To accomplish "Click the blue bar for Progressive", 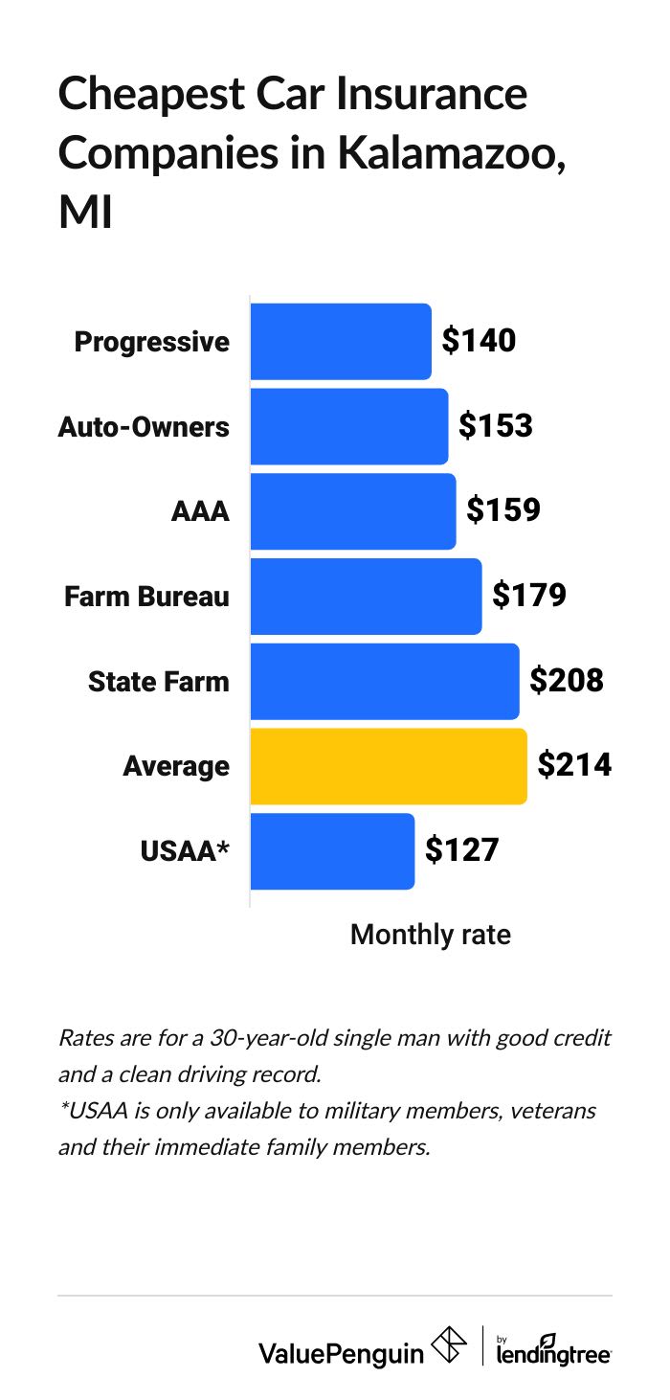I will click(341, 342).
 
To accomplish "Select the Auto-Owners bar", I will click(349, 426).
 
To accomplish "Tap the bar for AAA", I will click(353, 511).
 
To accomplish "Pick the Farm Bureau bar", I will click(366, 597).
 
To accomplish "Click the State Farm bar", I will click(385, 682).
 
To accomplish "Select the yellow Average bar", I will click(389, 766).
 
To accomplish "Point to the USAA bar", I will click(332, 851).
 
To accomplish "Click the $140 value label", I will click(479, 341).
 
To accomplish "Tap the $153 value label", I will click(495, 426).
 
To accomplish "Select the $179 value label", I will click(529, 596).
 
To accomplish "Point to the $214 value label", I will click(574, 765).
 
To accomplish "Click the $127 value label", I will click(461, 850).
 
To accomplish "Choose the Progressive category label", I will click(152, 342).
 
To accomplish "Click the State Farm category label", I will click(159, 682).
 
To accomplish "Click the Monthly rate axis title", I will click(431, 935).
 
